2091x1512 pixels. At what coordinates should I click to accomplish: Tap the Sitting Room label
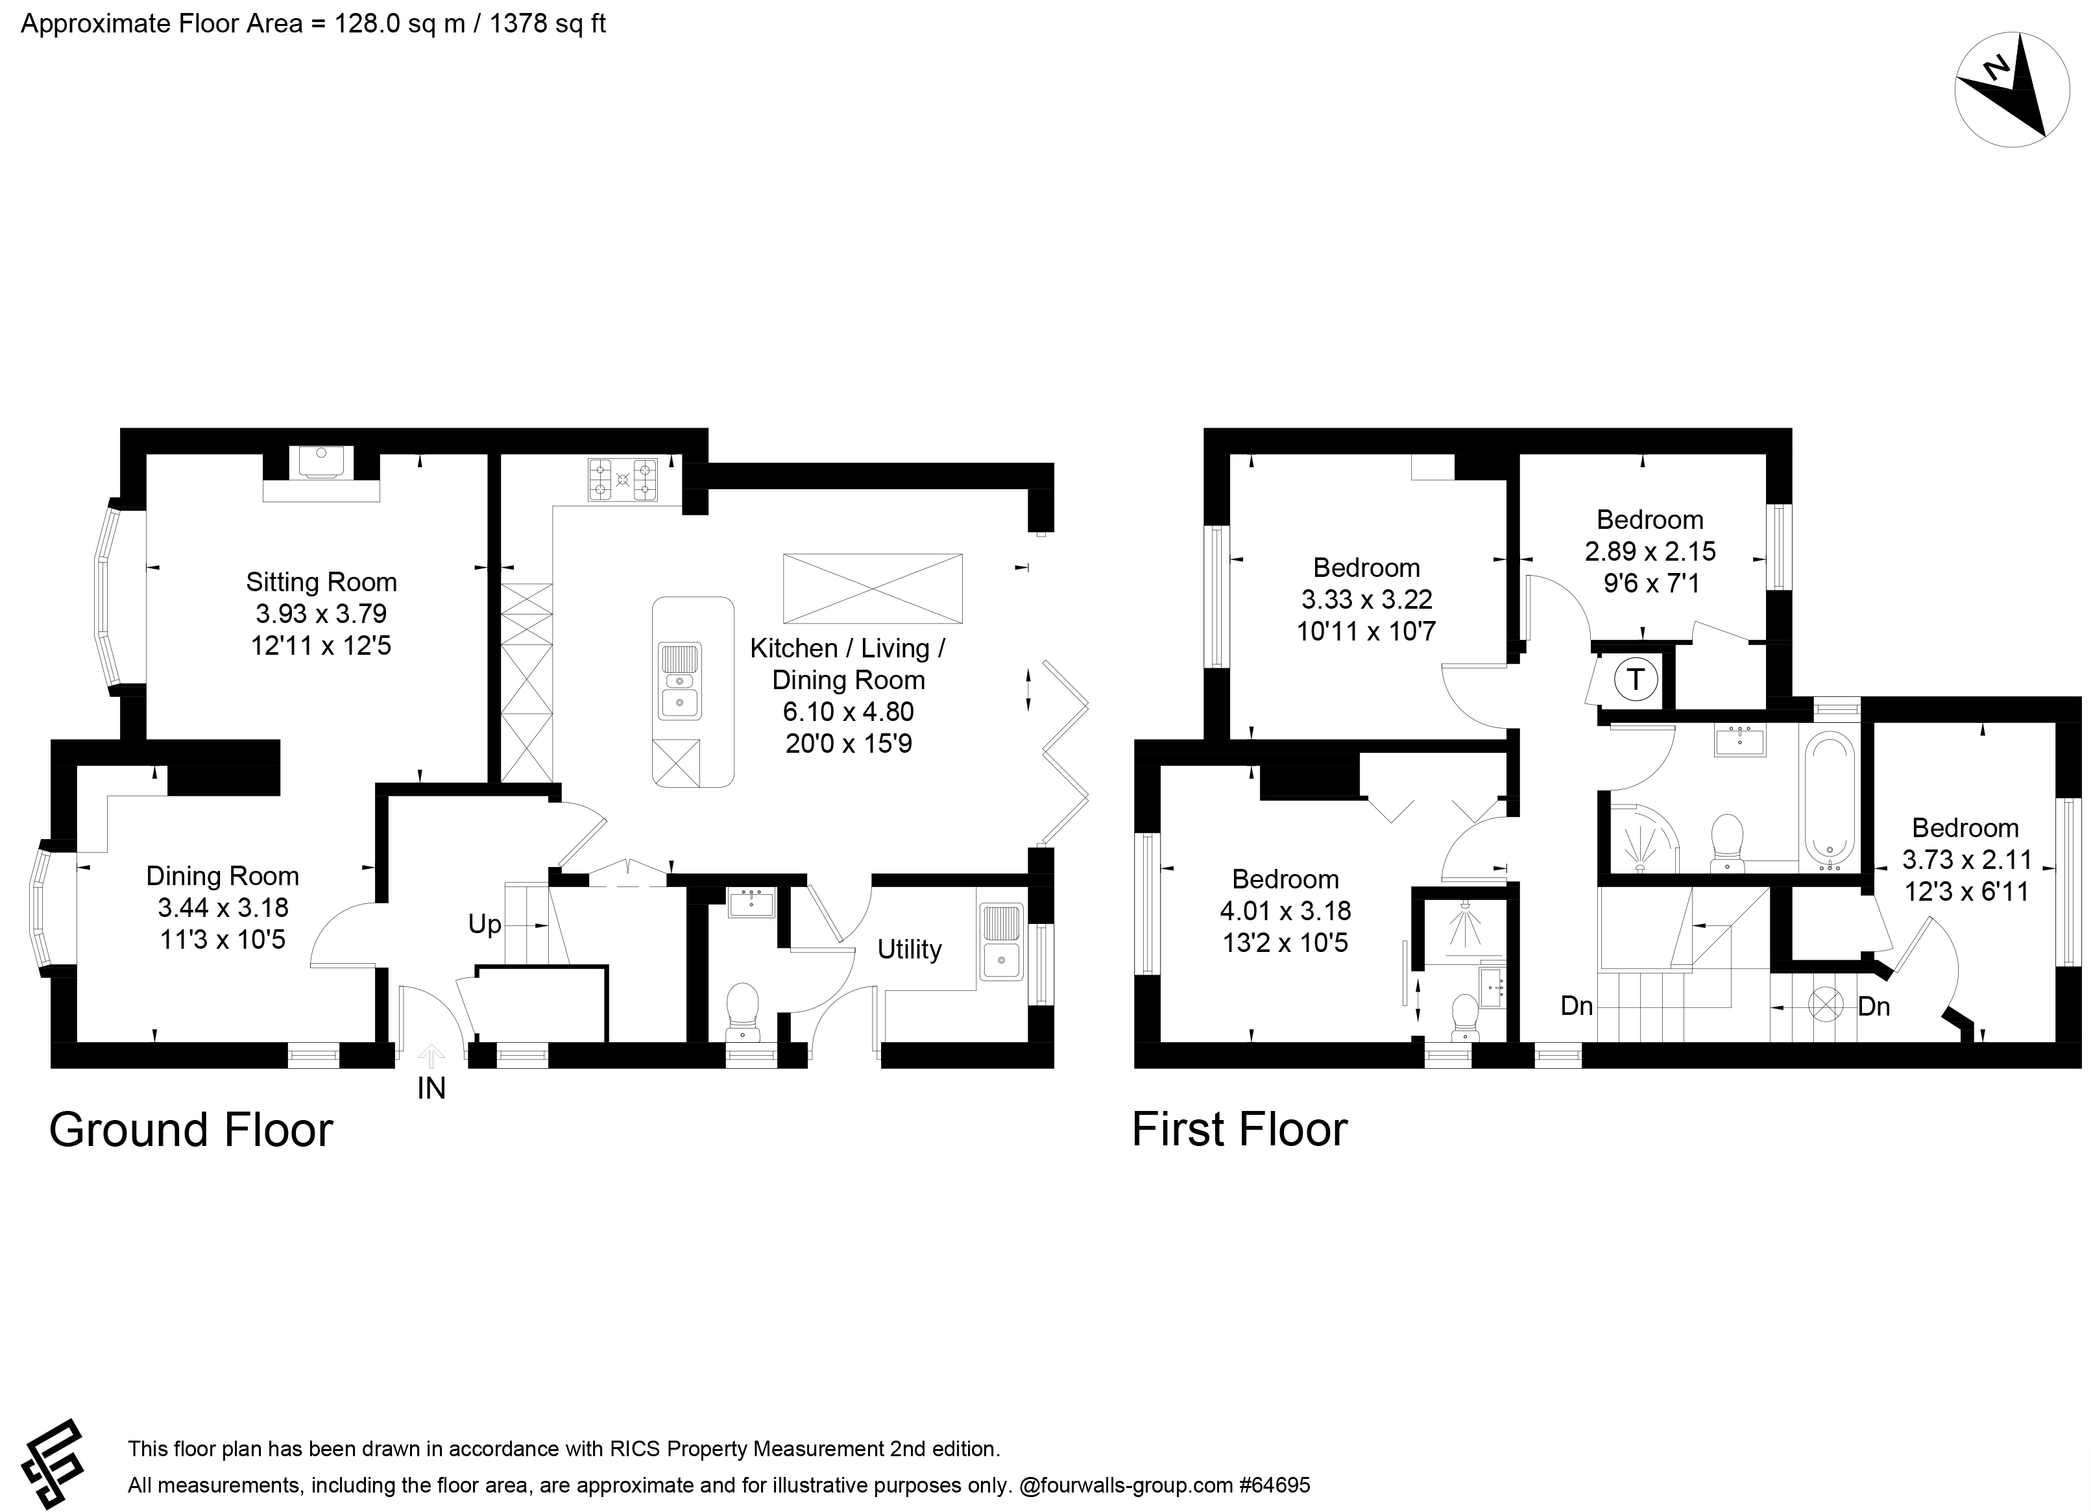point(321,581)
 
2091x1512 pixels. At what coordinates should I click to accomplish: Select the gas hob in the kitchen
point(622,480)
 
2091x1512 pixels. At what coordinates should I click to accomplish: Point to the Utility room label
point(909,949)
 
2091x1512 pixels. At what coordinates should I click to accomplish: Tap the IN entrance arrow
point(431,1056)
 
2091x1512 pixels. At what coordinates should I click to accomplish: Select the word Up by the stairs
point(484,925)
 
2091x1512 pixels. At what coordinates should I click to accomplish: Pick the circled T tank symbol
point(1636,679)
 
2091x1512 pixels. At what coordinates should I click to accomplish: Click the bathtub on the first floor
point(1828,800)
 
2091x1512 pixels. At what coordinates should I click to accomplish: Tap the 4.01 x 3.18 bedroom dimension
point(1285,911)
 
